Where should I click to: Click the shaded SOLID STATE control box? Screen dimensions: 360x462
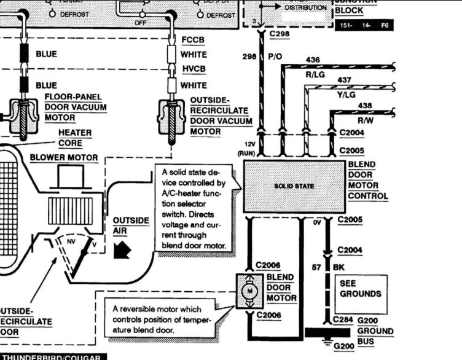[x=294, y=186]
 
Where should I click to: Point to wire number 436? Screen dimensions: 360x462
[x=313, y=59]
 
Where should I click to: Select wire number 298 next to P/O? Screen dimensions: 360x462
[x=249, y=57]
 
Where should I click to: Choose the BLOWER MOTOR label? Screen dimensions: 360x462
[x=64, y=158]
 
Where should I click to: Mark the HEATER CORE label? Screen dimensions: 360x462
[x=74, y=138]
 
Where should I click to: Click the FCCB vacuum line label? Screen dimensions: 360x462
[x=194, y=40]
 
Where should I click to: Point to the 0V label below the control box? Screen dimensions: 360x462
[x=317, y=222]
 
